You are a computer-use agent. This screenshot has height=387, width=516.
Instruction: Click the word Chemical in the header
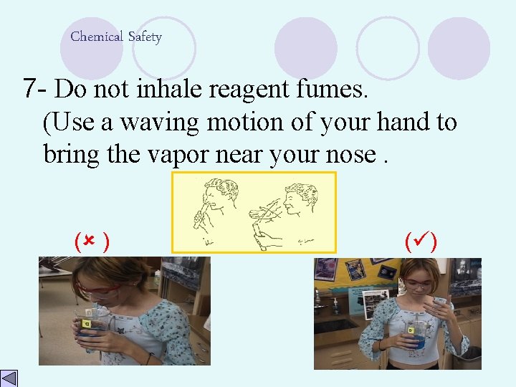[x=96, y=37]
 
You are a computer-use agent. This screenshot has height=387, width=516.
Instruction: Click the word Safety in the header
[x=145, y=37]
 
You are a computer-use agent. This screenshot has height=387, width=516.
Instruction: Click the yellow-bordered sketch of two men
[x=253, y=212]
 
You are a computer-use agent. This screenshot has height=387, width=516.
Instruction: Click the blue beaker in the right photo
[x=415, y=337]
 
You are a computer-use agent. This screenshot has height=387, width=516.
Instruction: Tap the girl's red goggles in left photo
[x=100, y=291]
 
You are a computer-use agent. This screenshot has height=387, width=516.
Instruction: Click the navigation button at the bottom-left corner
[x=9, y=378]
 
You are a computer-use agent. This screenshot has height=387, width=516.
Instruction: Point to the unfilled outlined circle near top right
[x=387, y=47]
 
